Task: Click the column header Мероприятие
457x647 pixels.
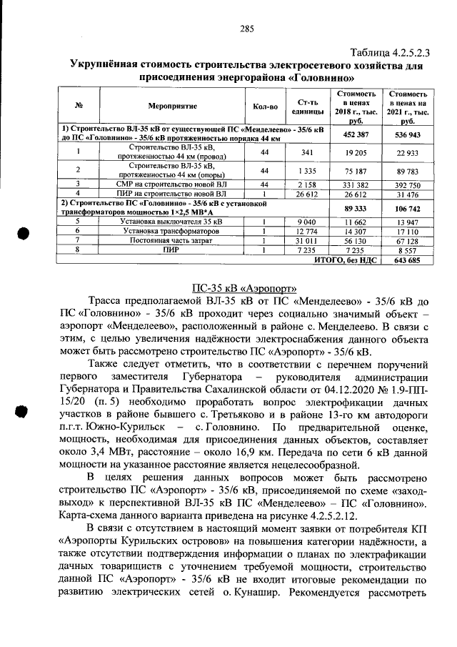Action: [x=172, y=107]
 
